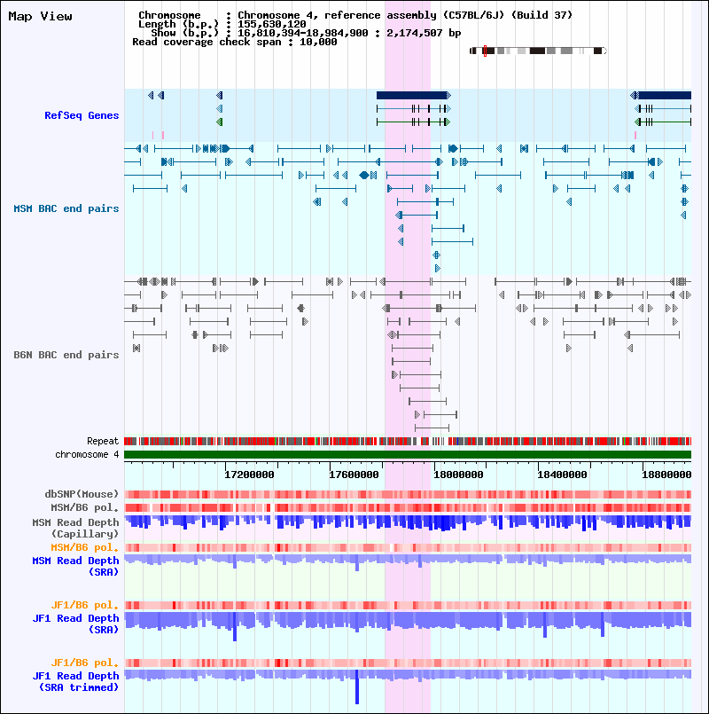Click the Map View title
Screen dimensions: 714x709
[x=40, y=16]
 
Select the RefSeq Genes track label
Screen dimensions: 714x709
[x=82, y=115]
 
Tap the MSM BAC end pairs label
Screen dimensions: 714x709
[x=66, y=208]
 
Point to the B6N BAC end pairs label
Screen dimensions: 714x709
[x=66, y=355]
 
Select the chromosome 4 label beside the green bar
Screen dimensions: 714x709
[x=87, y=454]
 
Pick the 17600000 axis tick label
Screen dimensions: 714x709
[x=354, y=475]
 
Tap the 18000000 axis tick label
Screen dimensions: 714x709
[x=459, y=475]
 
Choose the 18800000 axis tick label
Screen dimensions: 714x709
[x=665, y=475]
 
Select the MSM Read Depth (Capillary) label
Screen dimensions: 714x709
[x=75, y=528]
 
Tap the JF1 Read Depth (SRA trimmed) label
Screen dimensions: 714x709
[x=75, y=681]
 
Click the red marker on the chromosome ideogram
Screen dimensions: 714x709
[x=485, y=51]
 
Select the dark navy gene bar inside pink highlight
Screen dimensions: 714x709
[x=412, y=95]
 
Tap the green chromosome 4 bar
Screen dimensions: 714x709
[x=408, y=455]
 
